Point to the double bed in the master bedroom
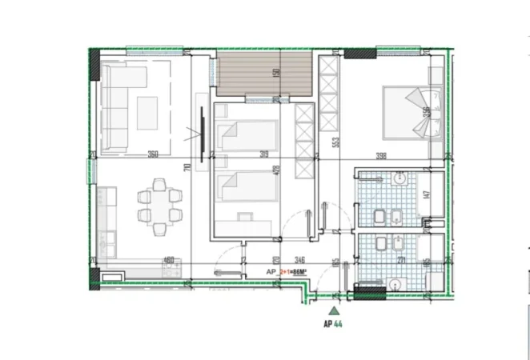408,110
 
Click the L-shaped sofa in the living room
120,104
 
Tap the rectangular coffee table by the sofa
148,112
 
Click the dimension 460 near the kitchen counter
168,260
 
